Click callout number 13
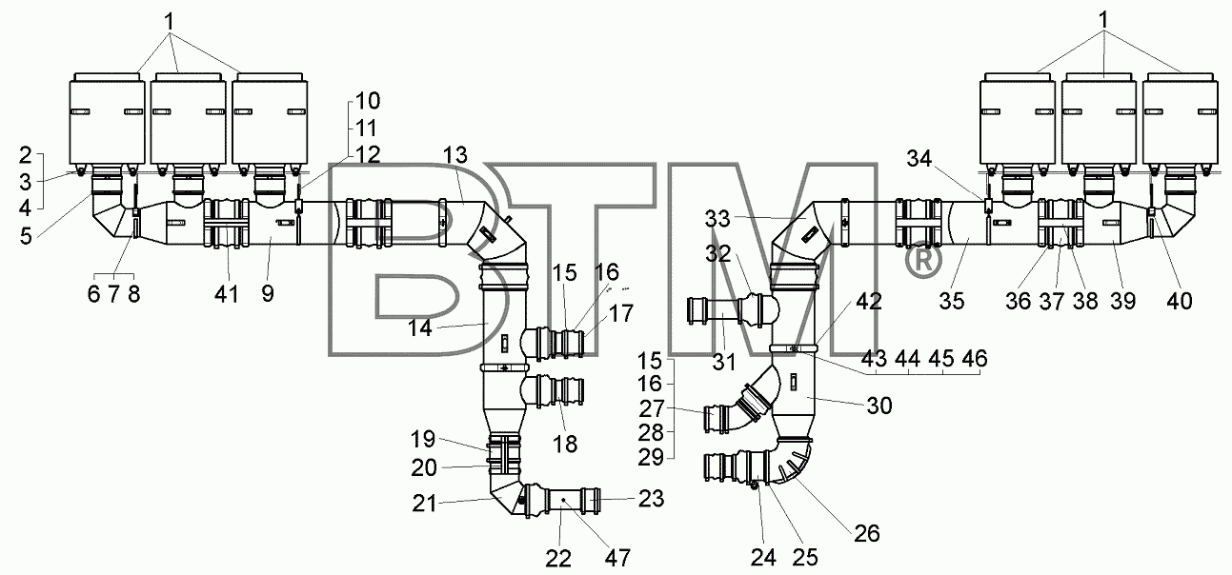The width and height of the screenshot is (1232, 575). (x=456, y=155)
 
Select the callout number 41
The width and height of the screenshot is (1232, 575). (x=227, y=294)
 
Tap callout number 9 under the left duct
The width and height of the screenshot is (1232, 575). (x=268, y=294)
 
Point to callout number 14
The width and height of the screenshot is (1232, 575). (x=420, y=328)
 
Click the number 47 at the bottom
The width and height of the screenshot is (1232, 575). (x=617, y=558)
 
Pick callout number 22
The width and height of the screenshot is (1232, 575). (x=558, y=559)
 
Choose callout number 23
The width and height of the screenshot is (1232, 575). (x=651, y=499)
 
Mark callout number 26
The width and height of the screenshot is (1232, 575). (x=867, y=533)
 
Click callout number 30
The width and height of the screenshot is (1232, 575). (x=879, y=406)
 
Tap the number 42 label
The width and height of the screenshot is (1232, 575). (x=870, y=301)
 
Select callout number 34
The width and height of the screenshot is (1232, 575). (x=919, y=159)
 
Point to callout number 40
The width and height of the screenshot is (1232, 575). (x=1180, y=301)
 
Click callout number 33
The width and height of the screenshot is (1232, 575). (x=717, y=219)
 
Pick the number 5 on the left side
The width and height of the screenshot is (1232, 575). (x=26, y=236)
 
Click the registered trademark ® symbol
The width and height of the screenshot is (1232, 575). (x=923, y=261)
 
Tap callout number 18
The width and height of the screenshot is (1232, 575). (x=565, y=444)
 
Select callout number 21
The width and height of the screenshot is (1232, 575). (x=425, y=503)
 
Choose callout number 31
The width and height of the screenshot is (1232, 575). (x=723, y=362)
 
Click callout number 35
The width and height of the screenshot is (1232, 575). (x=952, y=301)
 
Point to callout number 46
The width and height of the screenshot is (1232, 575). (x=975, y=358)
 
